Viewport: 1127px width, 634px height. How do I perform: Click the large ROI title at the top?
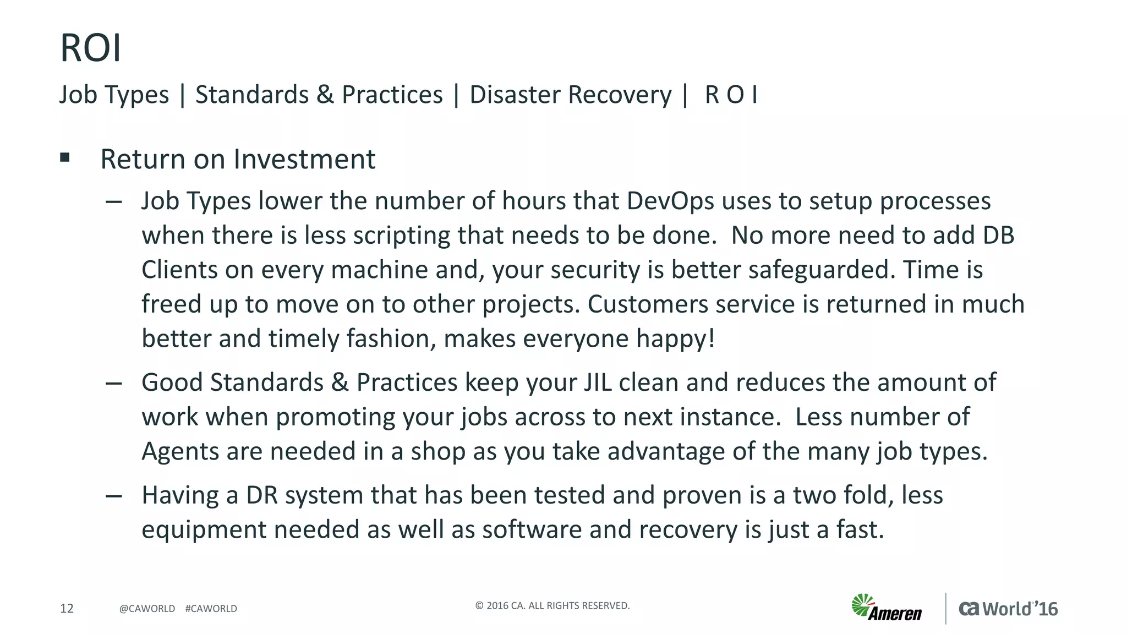(x=90, y=48)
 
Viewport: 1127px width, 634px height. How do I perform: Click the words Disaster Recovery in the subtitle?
(x=570, y=95)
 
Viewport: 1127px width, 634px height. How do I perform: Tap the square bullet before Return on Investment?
(x=65, y=158)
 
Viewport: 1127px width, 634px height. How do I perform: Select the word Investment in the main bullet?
(x=304, y=159)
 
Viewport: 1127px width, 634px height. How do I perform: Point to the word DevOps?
(x=670, y=201)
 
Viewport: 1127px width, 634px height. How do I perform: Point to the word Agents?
(x=180, y=452)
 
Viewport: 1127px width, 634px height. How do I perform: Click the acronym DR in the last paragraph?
(x=261, y=495)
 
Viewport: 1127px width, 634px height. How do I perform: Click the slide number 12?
(x=67, y=608)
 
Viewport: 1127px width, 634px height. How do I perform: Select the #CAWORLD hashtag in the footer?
(x=211, y=609)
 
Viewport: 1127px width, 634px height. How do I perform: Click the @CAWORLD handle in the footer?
(x=147, y=609)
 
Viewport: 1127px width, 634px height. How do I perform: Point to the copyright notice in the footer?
(x=552, y=606)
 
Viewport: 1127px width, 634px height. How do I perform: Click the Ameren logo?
(x=887, y=608)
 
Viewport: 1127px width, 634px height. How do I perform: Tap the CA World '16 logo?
(x=1008, y=609)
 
